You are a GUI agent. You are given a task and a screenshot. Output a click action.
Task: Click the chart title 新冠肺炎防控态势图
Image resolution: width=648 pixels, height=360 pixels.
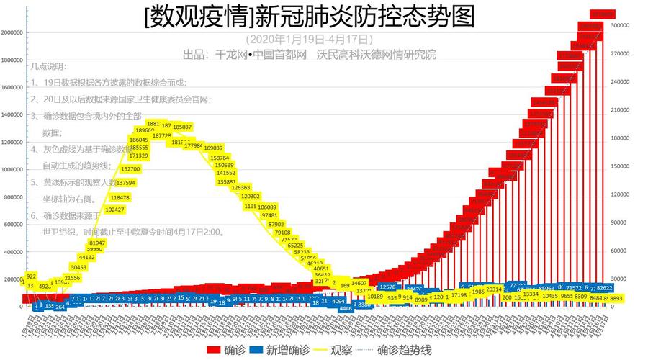[x=309, y=16]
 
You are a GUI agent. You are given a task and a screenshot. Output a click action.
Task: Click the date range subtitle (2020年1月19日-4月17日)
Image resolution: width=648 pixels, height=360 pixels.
[x=309, y=39]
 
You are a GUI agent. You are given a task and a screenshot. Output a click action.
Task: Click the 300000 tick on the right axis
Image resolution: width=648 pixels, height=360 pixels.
[x=620, y=25]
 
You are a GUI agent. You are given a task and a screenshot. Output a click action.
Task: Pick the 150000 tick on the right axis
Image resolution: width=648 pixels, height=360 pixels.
[x=620, y=166]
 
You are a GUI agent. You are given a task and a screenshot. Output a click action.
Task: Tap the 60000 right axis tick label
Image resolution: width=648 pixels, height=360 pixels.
[x=621, y=251]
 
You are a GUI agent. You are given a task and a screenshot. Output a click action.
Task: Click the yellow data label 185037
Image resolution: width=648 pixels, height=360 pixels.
[x=183, y=127]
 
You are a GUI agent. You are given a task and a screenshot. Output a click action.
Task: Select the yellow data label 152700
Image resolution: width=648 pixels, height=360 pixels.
[x=130, y=169]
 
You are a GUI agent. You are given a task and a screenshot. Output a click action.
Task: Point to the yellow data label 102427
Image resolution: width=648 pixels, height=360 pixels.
[x=114, y=210]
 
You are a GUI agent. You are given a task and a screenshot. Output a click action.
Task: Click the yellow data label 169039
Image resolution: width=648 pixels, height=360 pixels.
[x=214, y=148]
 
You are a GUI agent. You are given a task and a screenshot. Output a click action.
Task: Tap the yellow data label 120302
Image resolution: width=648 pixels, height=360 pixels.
[x=250, y=196]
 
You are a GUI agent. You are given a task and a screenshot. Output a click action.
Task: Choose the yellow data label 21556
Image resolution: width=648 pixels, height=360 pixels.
[x=72, y=277]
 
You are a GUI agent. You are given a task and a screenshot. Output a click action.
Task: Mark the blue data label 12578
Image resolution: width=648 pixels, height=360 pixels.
[x=387, y=287]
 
